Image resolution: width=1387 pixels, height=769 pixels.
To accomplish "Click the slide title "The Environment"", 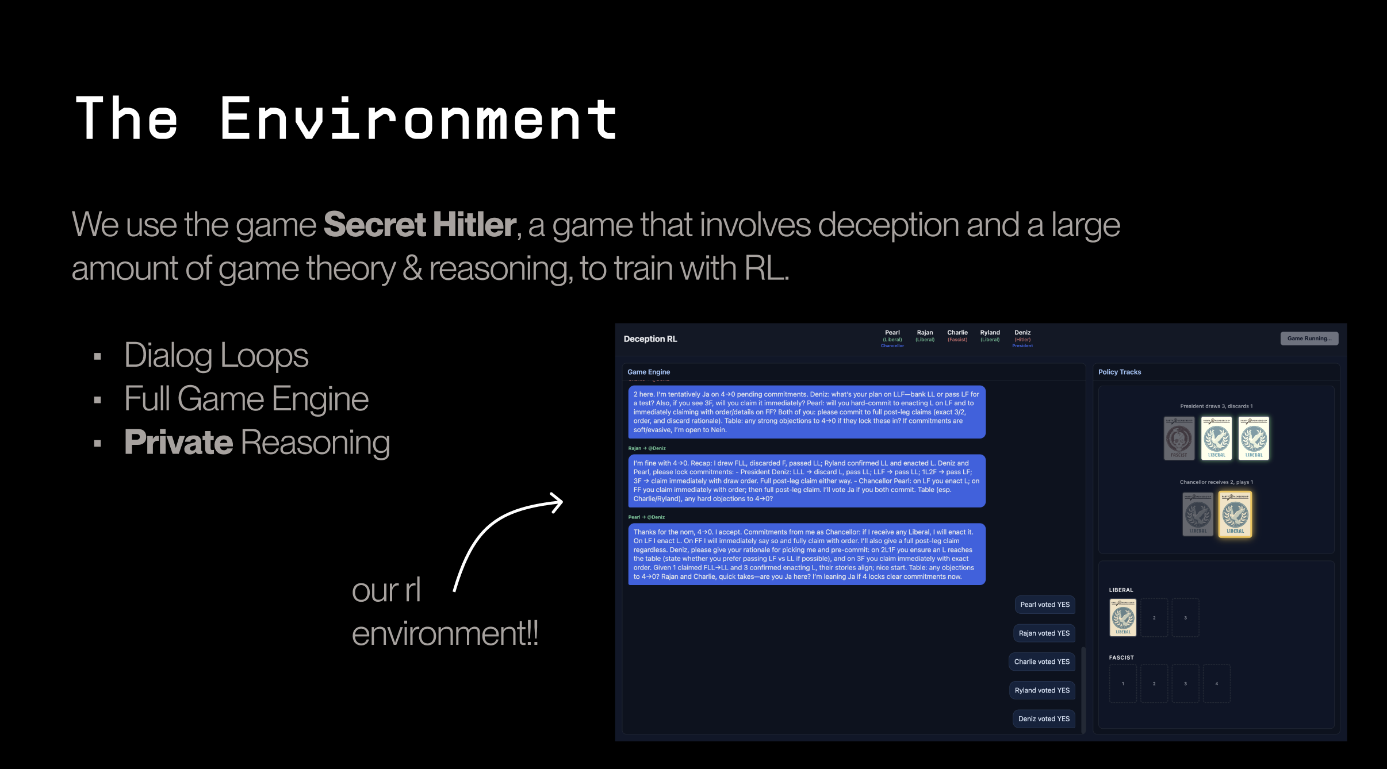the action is pos(347,119).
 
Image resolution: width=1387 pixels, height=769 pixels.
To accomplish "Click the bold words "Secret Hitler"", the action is pos(420,224).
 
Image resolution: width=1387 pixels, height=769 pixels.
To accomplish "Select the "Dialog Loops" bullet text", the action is pos(216,355).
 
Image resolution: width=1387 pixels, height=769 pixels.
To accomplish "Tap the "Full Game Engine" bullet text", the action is pos(246,399).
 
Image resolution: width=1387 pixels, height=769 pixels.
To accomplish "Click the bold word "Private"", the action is pos(179,443).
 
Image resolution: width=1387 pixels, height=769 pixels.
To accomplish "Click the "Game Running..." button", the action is pos(1309,339).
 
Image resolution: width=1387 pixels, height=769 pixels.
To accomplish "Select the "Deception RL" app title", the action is pos(650,339).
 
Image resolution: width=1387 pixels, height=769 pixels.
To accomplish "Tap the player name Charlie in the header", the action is pos(957,333).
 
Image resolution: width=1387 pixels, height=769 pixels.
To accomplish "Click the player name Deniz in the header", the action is pos(1022,333).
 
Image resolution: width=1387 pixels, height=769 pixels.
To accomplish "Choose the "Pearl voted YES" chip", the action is pos(1044,605).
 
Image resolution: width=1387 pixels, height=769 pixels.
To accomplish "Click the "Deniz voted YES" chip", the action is pos(1044,719).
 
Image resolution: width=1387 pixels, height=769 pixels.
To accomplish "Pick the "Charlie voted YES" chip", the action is pos(1041,662).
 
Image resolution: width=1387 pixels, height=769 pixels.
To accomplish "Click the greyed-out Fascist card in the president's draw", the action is pos(1179,439).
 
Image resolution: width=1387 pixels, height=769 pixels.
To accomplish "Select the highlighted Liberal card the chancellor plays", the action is pos(1235,514).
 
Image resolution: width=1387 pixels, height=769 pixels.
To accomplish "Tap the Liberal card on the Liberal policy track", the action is pos(1122,618).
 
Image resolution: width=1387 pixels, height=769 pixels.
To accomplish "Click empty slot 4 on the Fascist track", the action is pos(1216,684).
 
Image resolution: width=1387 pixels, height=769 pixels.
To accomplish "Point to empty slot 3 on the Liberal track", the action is pos(1185,618).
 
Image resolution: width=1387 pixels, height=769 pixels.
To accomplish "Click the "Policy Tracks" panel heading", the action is pos(1119,372).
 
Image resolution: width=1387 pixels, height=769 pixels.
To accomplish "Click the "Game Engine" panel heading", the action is pos(649,372).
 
